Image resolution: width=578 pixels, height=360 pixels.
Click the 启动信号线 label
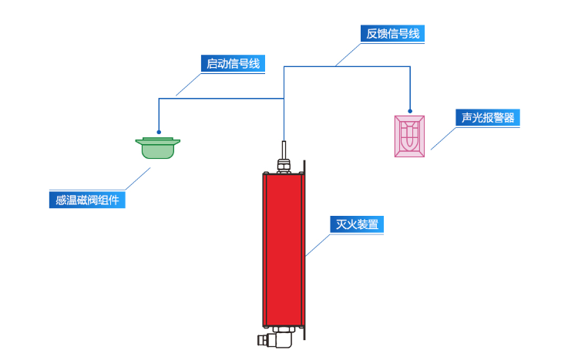(x=232, y=64)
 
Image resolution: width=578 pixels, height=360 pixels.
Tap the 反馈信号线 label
(x=393, y=34)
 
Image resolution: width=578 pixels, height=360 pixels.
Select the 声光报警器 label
(x=488, y=118)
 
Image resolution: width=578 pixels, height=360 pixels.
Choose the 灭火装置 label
(x=357, y=225)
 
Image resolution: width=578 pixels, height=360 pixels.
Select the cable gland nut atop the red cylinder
(x=284, y=163)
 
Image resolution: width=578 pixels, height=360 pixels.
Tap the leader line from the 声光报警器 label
(x=442, y=138)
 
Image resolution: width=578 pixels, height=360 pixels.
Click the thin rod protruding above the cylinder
(x=284, y=148)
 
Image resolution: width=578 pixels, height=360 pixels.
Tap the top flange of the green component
(x=158, y=141)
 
